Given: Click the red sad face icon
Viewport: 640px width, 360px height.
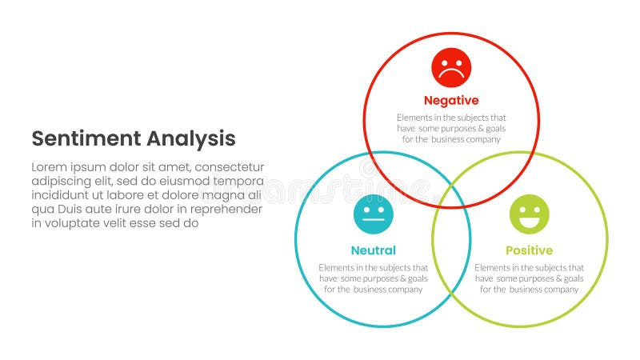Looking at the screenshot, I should coord(451,68).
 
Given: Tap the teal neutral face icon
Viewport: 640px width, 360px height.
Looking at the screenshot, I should coord(374,214).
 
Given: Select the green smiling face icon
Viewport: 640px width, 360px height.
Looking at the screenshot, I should coord(530,214).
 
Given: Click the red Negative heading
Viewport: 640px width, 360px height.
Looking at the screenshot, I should coord(451,101).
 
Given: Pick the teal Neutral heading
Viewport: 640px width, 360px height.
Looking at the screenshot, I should coord(373,250).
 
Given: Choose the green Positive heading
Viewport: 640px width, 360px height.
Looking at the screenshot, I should coord(529,250).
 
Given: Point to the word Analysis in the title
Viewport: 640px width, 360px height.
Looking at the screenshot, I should coord(191,138).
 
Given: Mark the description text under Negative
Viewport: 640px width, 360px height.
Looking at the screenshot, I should coord(451,128).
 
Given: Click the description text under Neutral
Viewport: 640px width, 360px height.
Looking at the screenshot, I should coord(373,278).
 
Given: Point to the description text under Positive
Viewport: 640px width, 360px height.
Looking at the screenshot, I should coord(529,278).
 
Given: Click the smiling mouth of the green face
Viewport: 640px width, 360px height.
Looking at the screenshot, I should coord(530,222).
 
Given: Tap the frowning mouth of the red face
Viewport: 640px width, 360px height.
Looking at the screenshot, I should coord(451,75).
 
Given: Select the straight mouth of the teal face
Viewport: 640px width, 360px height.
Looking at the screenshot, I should coord(374,221).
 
